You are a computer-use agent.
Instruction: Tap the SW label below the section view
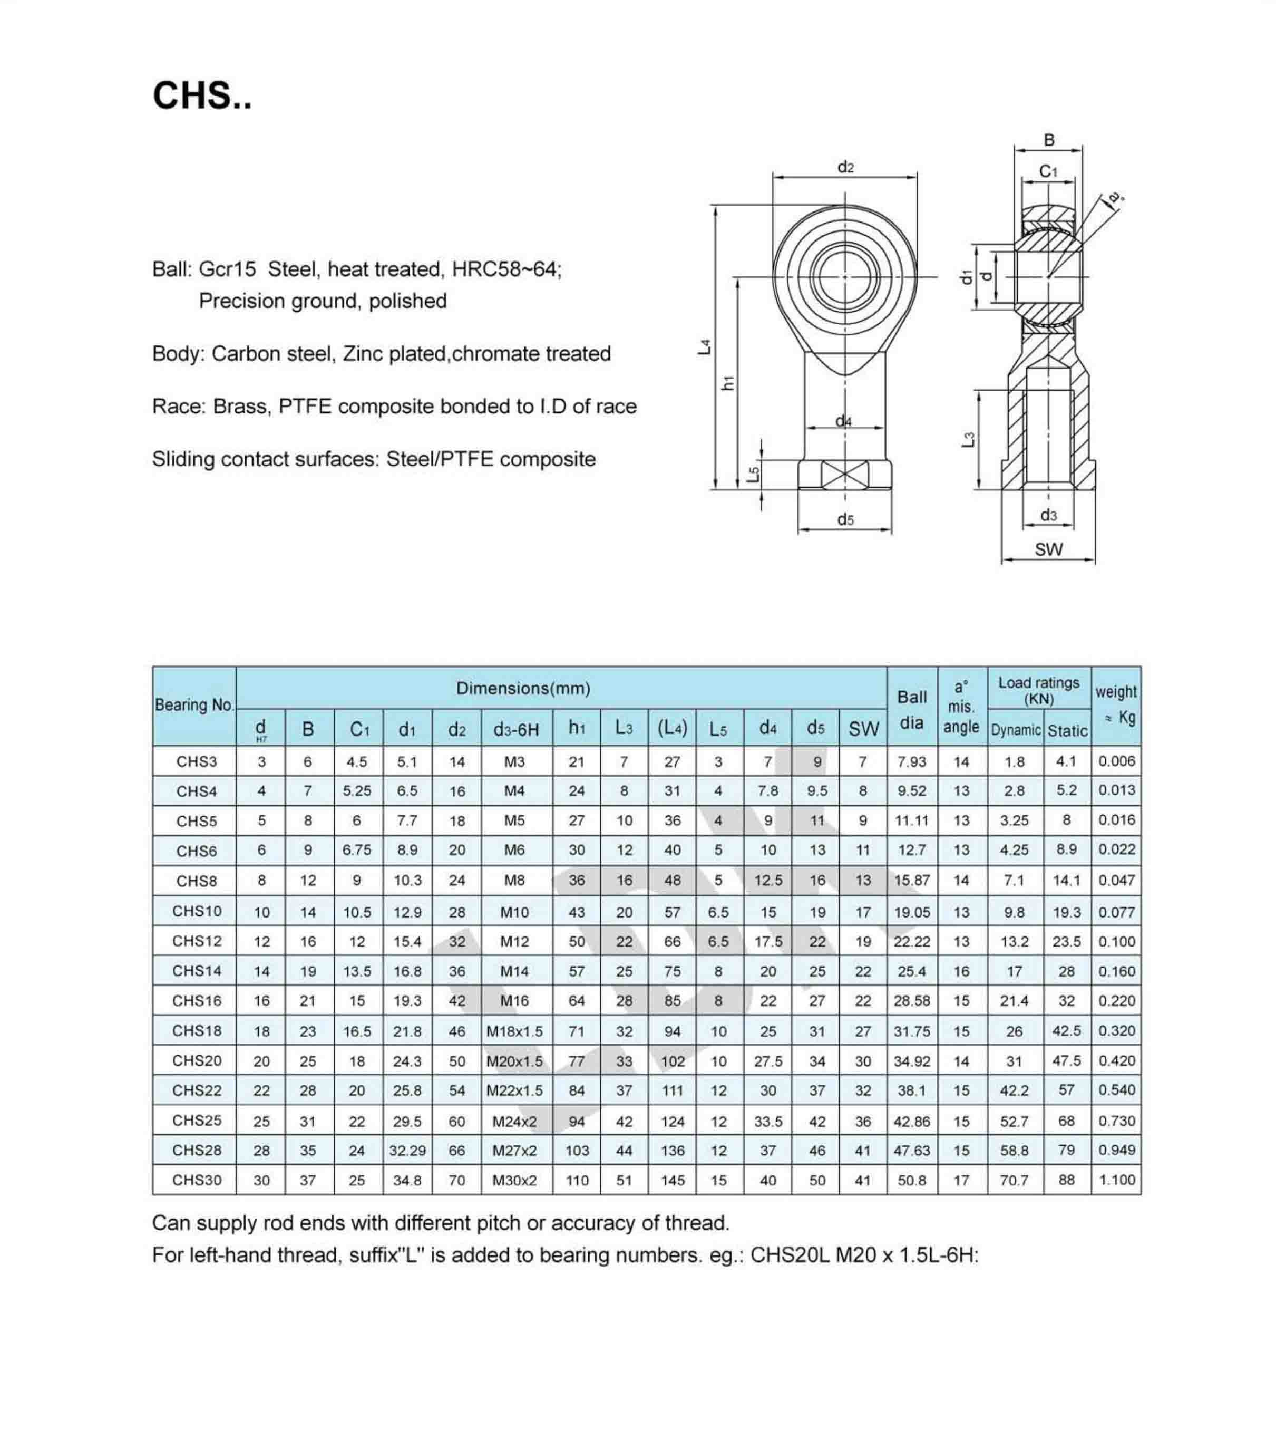pos(1048,549)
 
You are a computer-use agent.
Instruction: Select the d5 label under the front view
pos(845,519)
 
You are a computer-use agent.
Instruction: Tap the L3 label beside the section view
pos(968,439)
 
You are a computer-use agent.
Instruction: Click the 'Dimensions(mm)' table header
pos(523,688)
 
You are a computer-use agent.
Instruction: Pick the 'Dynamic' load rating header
pos(1015,730)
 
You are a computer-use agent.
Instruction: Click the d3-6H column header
pos(516,729)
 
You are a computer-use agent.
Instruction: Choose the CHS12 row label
pos(197,941)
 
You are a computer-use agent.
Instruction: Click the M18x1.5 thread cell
pos(514,1031)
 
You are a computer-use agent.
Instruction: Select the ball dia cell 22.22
pos(911,941)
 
